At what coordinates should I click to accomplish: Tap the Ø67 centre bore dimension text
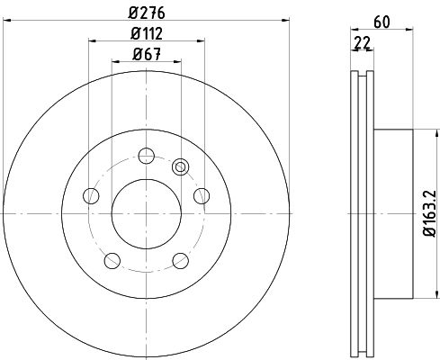[146, 54]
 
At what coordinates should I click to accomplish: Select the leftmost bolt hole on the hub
[89, 195]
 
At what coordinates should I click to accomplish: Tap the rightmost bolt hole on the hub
[202, 195]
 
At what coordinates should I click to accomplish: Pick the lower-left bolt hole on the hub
[112, 260]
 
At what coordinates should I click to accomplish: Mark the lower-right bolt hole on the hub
[181, 260]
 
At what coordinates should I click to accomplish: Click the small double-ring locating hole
[181, 166]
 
